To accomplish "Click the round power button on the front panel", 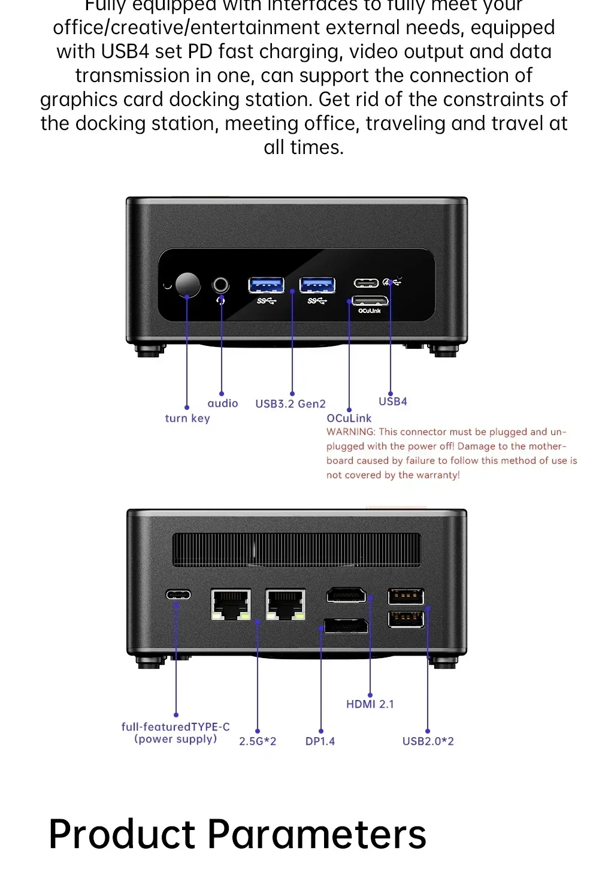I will (187, 285).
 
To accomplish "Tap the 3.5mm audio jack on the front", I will (221, 284).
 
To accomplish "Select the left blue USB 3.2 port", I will (266, 285).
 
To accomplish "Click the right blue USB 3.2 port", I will (317, 285).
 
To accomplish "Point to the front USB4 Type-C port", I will (366, 283).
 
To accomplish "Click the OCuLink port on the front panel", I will (370, 300).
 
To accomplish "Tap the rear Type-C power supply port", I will (178, 595).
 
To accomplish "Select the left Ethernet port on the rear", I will (231, 604).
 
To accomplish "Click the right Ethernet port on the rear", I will (285, 604).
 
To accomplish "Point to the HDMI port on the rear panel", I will (346, 596).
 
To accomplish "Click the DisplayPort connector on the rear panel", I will (346, 626).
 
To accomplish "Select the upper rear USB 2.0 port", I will (406, 597).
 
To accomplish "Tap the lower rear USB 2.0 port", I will (406, 618).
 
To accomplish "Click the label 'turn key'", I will (187, 418).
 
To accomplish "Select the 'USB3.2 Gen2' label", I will (291, 404).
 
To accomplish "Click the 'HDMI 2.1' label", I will (370, 704).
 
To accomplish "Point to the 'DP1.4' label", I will (320, 741).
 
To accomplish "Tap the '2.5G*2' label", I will (258, 741).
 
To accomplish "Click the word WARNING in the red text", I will (350, 432).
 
